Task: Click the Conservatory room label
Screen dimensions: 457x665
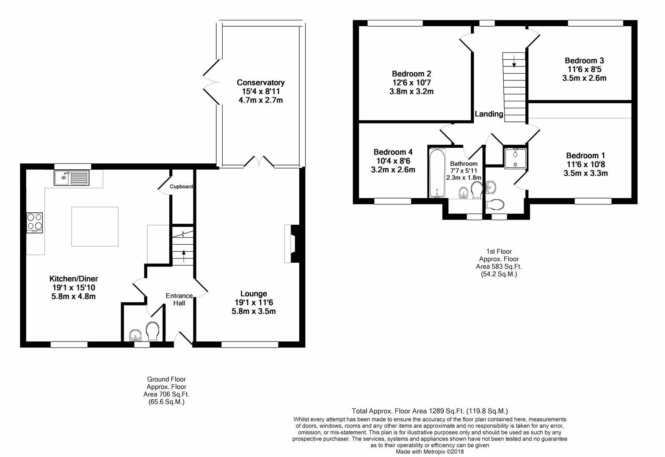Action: (x=260, y=83)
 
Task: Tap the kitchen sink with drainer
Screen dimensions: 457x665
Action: (x=72, y=177)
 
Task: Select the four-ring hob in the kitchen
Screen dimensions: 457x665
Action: (x=35, y=222)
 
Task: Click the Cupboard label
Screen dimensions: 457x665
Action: (x=181, y=187)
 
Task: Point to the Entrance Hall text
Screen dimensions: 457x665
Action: (x=179, y=299)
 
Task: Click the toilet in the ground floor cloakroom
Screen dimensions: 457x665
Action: (x=152, y=331)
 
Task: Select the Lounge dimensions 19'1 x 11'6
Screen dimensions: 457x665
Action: (x=254, y=303)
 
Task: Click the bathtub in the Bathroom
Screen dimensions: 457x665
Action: (x=437, y=173)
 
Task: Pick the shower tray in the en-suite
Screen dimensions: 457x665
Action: (x=515, y=158)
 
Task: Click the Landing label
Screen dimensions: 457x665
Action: (x=489, y=114)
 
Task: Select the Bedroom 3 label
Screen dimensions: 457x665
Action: (x=584, y=61)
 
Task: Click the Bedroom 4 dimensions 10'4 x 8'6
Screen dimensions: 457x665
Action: (x=393, y=161)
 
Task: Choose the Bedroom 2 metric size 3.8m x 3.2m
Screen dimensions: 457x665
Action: (x=411, y=91)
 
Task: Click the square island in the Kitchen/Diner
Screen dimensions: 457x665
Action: (x=95, y=226)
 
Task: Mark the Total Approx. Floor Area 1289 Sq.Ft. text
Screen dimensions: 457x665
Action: (x=430, y=411)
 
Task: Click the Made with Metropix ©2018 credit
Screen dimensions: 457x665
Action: (x=430, y=451)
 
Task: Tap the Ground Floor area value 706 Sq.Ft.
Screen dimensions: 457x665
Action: (x=166, y=394)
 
